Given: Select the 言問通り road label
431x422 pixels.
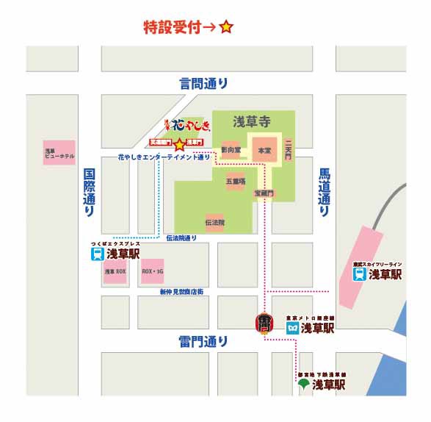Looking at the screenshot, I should (x=203, y=83).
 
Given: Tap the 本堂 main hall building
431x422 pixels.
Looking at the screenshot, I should (x=263, y=150).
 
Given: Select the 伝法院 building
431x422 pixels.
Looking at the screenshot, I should (x=214, y=221).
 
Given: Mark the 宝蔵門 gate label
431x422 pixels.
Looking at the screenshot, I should (x=263, y=192).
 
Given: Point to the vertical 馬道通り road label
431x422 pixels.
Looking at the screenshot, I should (x=324, y=192).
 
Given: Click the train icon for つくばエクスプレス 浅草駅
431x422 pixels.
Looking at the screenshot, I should (x=96, y=254).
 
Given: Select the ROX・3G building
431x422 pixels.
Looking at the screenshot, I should (x=152, y=271).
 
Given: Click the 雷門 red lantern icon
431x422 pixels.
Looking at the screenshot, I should (x=264, y=323).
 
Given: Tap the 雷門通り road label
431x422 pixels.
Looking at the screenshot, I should (x=203, y=342).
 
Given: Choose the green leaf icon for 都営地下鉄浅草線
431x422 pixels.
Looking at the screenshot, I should (x=303, y=384).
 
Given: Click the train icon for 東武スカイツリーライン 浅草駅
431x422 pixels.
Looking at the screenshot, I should (x=358, y=275).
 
